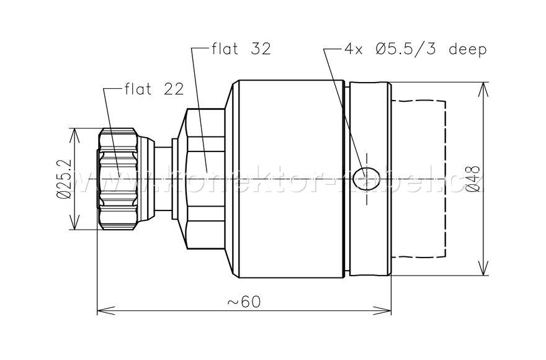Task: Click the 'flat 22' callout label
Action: tap(154, 89)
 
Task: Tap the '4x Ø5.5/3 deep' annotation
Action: tap(415, 50)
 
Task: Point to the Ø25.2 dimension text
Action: tap(63, 179)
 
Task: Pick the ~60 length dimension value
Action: tap(244, 301)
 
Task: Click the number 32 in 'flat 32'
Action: tap(261, 50)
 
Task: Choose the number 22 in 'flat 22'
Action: tap(174, 89)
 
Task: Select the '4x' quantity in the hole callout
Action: tap(354, 50)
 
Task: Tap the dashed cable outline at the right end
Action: tap(445, 179)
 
